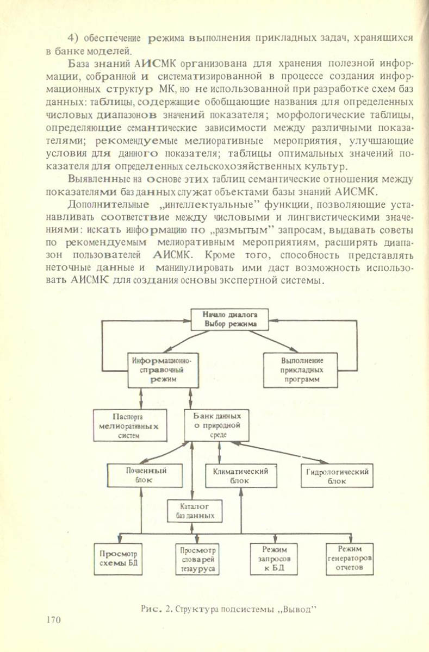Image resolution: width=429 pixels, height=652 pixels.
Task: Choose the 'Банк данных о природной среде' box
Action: tap(216, 425)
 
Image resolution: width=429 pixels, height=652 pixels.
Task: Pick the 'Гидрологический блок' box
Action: tap(337, 476)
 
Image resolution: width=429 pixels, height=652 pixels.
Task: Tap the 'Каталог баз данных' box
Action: tap(195, 511)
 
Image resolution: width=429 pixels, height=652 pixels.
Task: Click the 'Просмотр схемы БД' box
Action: tap(118, 558)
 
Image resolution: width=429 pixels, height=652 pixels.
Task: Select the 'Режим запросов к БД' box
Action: tap(274, 559)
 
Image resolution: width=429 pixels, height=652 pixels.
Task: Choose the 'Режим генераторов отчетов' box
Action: tap(350, 558)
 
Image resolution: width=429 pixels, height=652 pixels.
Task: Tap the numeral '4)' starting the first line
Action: tap(74, 37)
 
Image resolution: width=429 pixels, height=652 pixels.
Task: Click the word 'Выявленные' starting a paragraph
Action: tap(92, 179)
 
